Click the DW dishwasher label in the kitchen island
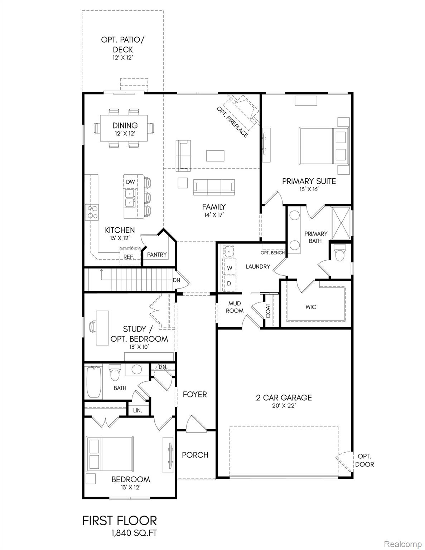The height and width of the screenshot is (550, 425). pos(130,182)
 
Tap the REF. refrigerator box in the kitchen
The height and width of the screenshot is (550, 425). pos(129,256)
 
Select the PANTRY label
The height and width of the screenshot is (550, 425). pos(157,255)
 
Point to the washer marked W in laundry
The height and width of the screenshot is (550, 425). pos(230,268)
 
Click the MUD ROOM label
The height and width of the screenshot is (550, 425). pos(235,307)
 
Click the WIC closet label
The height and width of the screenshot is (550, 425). pos(311,307)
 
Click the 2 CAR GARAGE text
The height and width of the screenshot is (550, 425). pos(284,397)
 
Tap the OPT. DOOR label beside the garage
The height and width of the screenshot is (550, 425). pos(365,460)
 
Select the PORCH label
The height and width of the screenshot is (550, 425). pos(195,455)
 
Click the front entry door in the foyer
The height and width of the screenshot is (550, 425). pos(194,423)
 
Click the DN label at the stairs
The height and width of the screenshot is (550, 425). pos(176,280)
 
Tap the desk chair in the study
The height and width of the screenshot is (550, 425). pos(92,327)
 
